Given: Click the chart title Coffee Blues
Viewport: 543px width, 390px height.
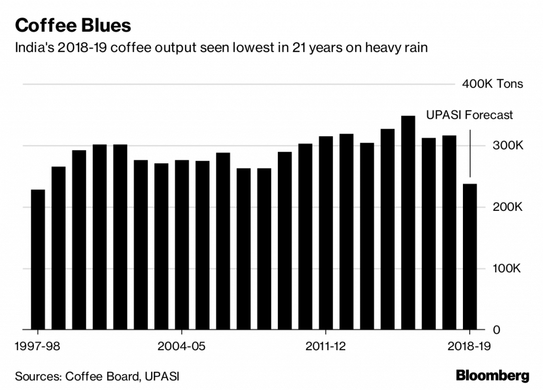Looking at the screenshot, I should point(73,25).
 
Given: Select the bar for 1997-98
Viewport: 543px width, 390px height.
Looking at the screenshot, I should point(38,259).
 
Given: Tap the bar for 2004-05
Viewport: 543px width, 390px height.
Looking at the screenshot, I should point(182,244).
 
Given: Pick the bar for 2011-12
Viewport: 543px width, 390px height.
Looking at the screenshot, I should point(326,233).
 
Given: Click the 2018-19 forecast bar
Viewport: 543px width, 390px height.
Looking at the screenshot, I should point(470,256).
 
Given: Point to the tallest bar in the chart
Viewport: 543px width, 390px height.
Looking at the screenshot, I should point(408,223).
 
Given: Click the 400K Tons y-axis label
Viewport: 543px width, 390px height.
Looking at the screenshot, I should point(492,84).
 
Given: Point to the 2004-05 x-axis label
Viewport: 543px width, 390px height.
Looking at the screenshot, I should point(182,347).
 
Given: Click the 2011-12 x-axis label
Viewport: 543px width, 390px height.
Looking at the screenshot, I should point(326,347).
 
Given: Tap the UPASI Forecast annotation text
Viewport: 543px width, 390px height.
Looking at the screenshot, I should point(470,115).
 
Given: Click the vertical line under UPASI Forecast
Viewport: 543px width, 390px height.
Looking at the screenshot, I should point(470,154).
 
